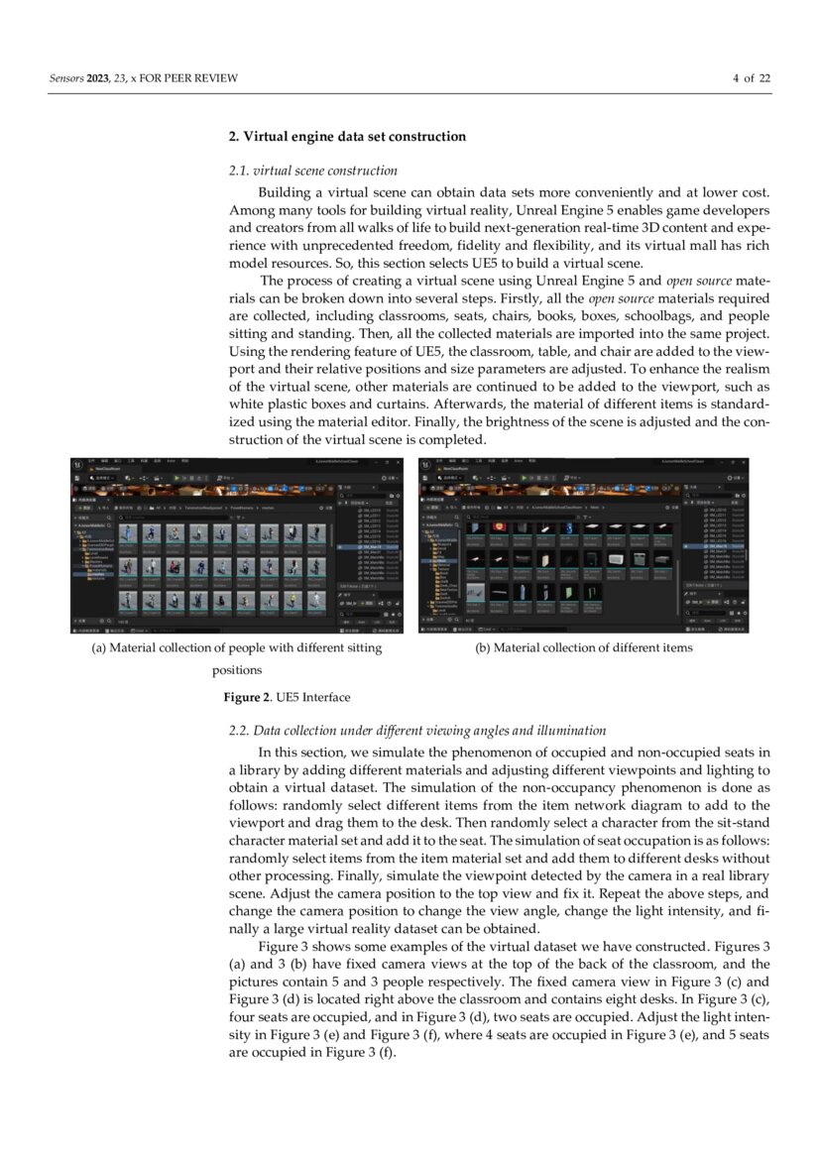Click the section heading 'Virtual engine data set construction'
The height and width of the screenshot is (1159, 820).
pyautogui.click(x=355, y=136)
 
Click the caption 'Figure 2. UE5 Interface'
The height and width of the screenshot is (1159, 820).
pyautogui.click(x=286, y=697)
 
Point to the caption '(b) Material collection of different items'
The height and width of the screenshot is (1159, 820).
pyautogui.click(x=583, y=648)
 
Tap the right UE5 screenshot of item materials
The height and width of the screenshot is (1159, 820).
pyautogui.click(x=583, y=544)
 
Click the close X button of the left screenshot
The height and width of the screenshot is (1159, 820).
pyautogui.click(x=397, y=462)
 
